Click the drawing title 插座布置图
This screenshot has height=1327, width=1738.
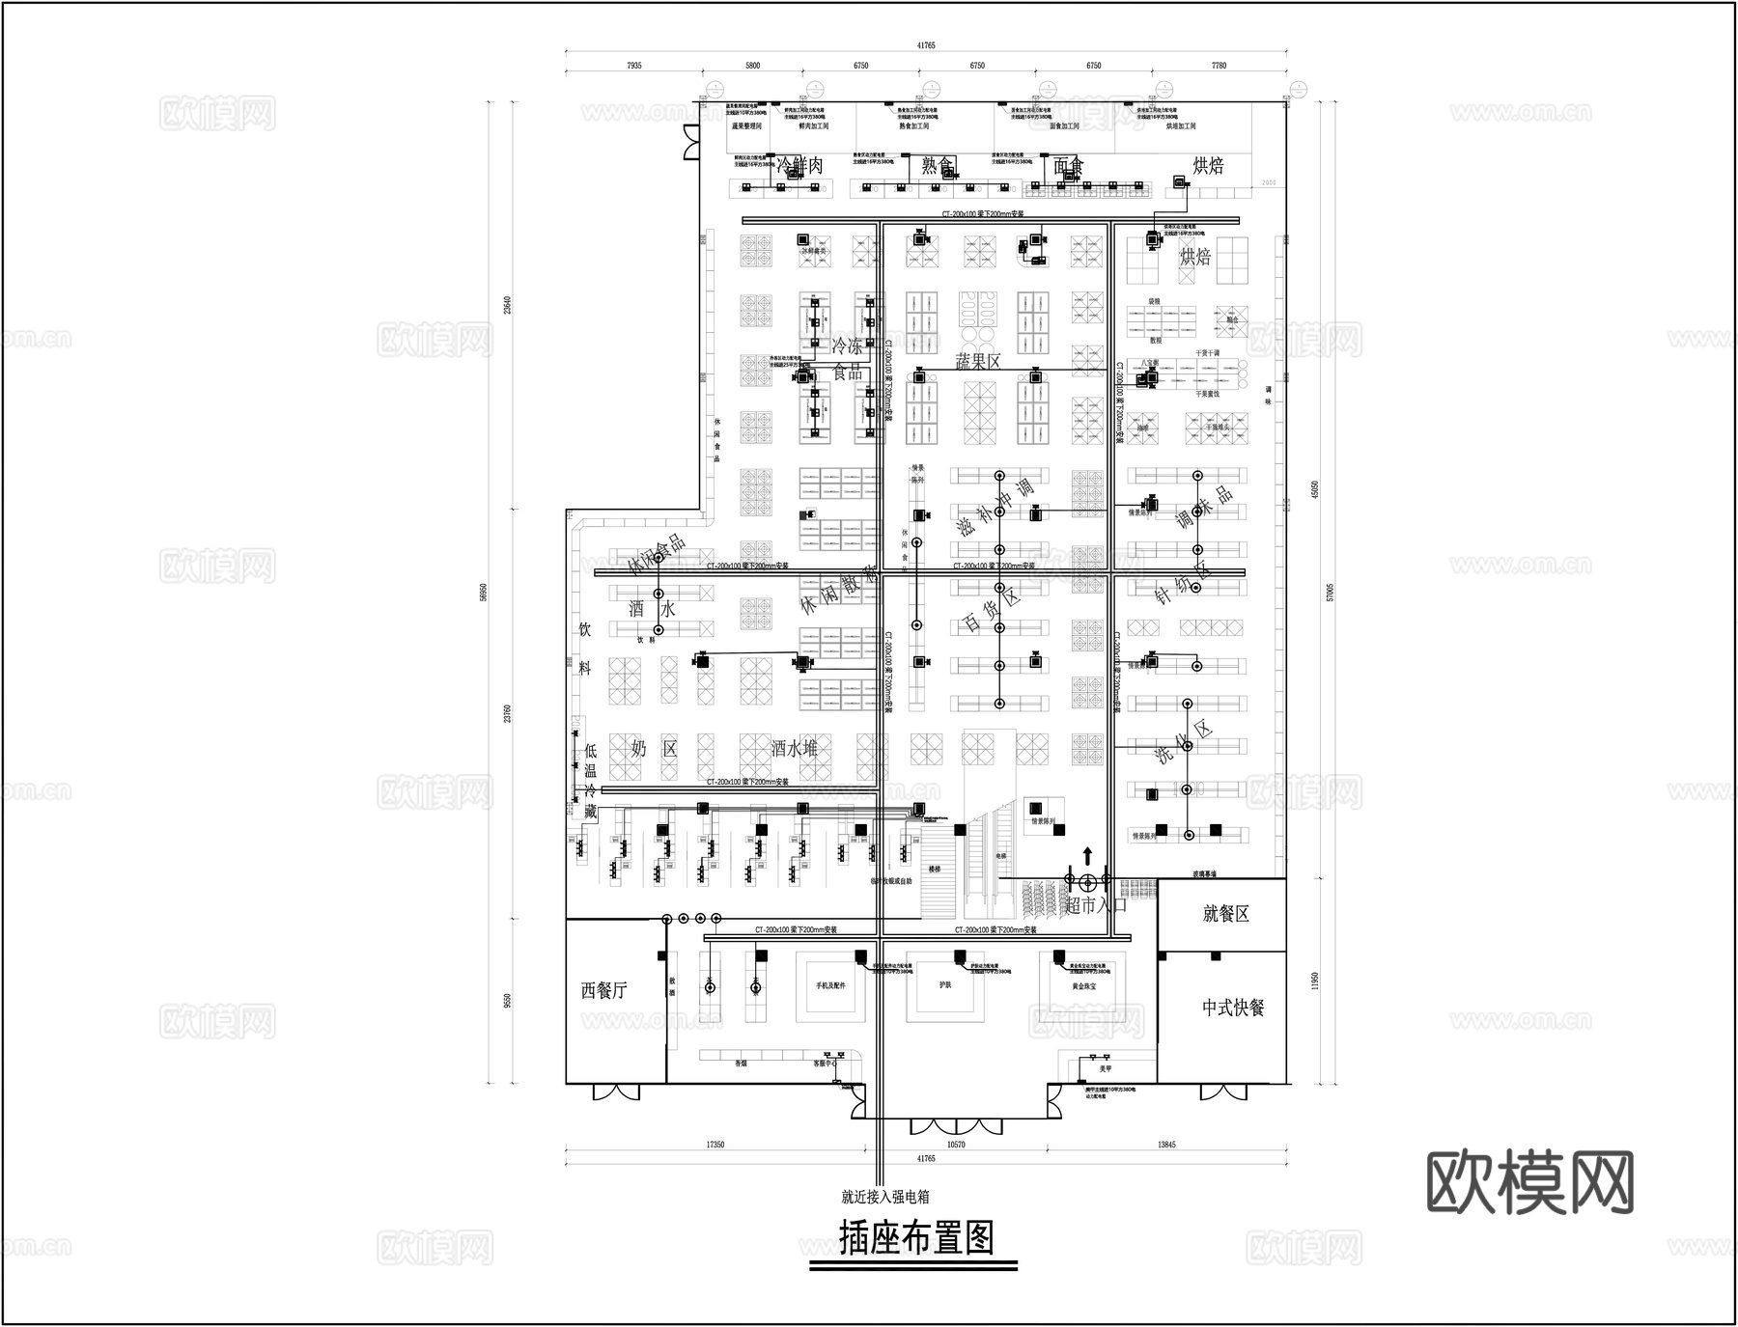[x=916, y=1237]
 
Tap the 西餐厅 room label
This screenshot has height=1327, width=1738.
[x=604, y=990]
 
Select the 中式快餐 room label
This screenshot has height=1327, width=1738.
[x=1233, y=1008]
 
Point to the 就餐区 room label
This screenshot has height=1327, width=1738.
[x=1226, y=914]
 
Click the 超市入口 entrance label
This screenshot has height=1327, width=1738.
[x=1096, y=905]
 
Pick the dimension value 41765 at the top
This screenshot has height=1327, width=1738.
[x=926, y=45]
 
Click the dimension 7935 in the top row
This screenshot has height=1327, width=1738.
[x=633, y=66]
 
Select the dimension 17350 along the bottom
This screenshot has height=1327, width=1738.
[x=715, y=1145]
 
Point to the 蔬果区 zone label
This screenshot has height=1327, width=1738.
[x=978, y=361]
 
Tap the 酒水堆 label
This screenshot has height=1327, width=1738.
[x=795, y=748]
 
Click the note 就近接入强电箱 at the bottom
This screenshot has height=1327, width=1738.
[x=884, y=1197]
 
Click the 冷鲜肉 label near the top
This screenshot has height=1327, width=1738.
[x=800, y=166]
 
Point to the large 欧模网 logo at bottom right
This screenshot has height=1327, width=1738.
[x=1530, y=1182]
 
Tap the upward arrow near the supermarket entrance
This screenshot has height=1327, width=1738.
[x=1088, y=855]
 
